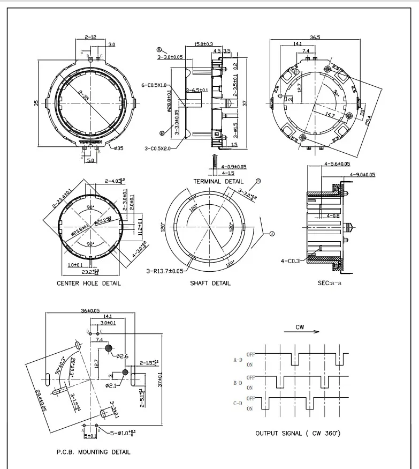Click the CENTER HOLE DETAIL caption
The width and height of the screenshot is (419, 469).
pyautogui.click(x=88, y=283)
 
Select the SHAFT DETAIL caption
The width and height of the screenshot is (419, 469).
pyautogui.click(x=210, y=283)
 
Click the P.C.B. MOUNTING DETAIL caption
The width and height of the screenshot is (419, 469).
pyautogui.click(x=93, y=452)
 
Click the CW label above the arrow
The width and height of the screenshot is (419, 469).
pyautogui.click(x=300, y=326)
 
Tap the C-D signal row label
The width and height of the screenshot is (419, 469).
pyautogui.click(x=238, y=403)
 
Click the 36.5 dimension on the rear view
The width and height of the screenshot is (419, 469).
pyautogui.click(x=315, y=38)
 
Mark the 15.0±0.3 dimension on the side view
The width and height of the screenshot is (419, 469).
pyautogui.click(x=203, y=44)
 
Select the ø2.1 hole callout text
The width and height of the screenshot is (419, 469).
pyautogui.click(x=111, y=385)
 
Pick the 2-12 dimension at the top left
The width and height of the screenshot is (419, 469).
pyautogui.click(x=90, y=37)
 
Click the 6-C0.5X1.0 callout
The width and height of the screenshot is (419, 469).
pyautogui.click(x=154, y=85)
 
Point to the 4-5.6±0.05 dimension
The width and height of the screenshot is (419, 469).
pyautogui.click(x=337, y=163)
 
